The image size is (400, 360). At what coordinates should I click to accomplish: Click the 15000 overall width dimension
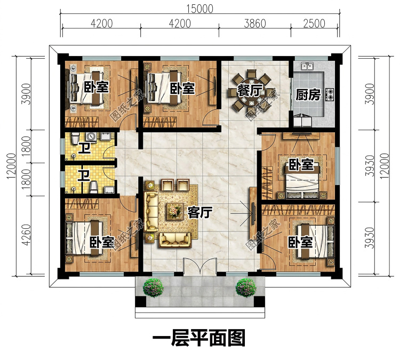point(200,9)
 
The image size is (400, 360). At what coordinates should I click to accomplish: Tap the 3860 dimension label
point(255,23)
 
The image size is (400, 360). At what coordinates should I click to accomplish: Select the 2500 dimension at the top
point(314,23)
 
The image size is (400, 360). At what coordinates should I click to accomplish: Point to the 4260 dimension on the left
point(26,235)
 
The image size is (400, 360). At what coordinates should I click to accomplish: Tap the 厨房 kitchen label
point(308,95)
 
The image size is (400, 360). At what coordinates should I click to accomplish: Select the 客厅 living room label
point(200,212)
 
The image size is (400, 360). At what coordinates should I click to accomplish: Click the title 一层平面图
point(199,338)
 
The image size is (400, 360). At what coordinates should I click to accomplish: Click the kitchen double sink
point(307,66)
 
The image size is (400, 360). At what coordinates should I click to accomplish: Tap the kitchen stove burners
point(330,94)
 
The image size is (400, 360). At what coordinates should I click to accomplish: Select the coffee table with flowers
point(175,212)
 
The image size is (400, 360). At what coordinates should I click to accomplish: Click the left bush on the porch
point(153,287)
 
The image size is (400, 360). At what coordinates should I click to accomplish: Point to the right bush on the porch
point(246,287)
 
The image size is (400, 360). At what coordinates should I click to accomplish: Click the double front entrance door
point(200,266)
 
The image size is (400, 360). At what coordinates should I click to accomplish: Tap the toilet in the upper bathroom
point(75,139)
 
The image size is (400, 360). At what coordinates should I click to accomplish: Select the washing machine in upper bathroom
point(91,137)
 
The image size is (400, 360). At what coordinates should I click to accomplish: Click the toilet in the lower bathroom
point(94,187)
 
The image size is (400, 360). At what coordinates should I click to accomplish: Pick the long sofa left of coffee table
point(151,212)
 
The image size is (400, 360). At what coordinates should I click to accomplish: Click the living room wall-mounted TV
point(253,213)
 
